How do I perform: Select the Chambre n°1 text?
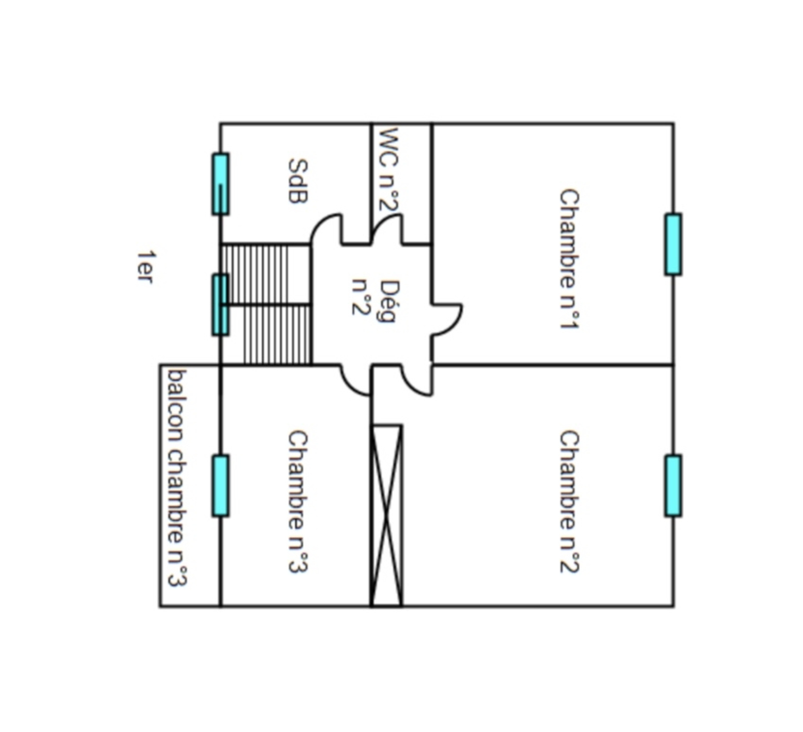[x=569, y=259]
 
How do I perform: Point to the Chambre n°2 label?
[x=569, y=502]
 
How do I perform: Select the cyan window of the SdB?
[x=220, y=184]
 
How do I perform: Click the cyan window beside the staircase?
[x=220, y=305]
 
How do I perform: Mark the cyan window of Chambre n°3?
[x=220, y=485]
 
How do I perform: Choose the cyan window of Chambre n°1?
[x=673, y=245]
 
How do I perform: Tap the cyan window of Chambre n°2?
[x=673, y=485]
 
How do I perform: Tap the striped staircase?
[x=266, y=304]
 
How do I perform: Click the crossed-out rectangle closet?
[x=386, y=516]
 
